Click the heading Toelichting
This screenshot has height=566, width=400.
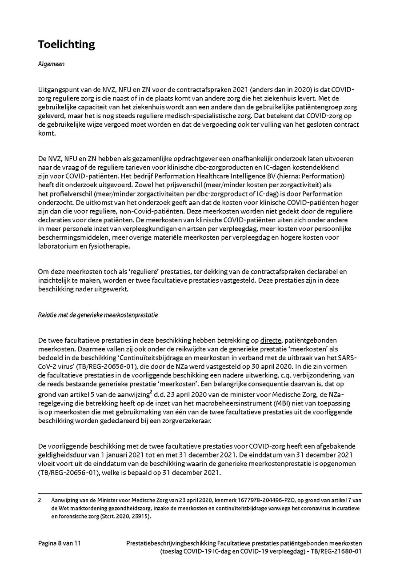click(x=66, y=44)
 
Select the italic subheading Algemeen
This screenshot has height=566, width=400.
click(x=51, y=64)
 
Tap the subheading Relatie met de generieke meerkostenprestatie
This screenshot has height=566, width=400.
click(x=98, y=315)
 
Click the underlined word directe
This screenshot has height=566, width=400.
click(x=270, y=341)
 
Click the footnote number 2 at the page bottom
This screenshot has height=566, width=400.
click(x=40, y=500)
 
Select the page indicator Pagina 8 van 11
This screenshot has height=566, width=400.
click(x=59, y=543)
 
